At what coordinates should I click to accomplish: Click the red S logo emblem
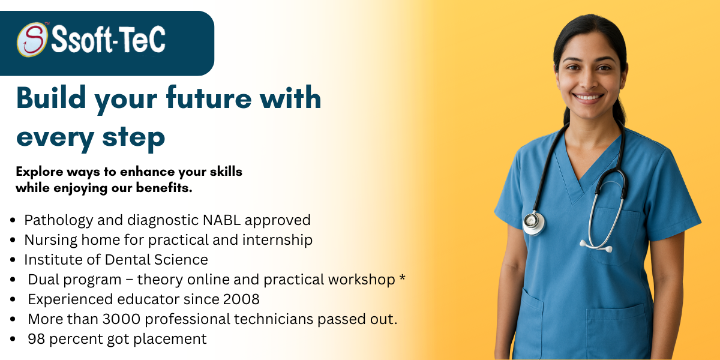click(x=32, y=40)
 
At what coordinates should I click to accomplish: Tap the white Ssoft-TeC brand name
click(x=109, y=40)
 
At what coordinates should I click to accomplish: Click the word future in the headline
click(x=209, y=97)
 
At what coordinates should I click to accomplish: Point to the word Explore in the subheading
click(x=40, y=172)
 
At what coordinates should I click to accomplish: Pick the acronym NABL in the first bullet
click(x=221, y=220)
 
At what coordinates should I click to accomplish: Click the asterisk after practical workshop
click(x=402, y=278)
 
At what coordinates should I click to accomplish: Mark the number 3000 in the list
click(x=121, y=319)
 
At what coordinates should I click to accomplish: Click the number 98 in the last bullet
click(x=37, y=339)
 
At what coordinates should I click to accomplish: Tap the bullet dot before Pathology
click(x=13, y=220)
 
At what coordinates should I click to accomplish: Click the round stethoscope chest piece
click(x=534, y=223)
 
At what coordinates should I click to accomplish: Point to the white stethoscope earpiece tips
click(x=596, y=247)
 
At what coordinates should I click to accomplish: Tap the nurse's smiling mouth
click(x=588, y=97)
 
